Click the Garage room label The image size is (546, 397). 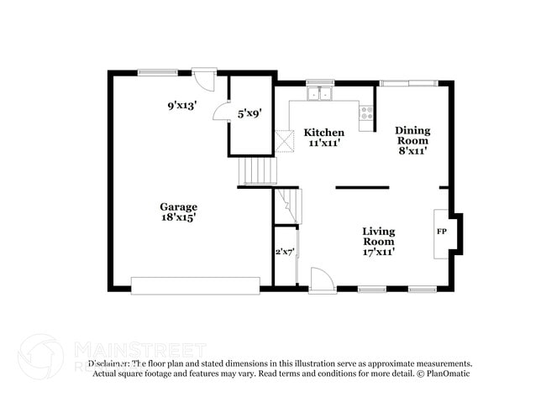(x=179, y=206)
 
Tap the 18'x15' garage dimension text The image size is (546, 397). (x=179, y=217)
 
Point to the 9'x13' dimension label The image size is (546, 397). (x=181, y=106)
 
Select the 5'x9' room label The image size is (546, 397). (x=249, y=112)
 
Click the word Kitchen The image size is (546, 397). (x=323, y=133)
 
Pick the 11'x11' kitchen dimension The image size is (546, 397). (x=323, y=144)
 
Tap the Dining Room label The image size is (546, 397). (x=412, y=135)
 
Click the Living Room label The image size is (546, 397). (x=379, y=236)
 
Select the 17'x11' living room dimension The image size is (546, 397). (x=379, y=250)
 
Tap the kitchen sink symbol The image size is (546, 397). (x=319, y=93)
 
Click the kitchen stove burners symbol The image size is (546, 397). (x=367, y=112)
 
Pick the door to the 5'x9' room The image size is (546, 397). (x=220, y=112)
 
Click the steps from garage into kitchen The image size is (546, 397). (x=259, y=171)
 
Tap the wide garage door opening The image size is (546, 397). (x=195, y=285)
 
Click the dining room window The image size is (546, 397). (x=408, y=83)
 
